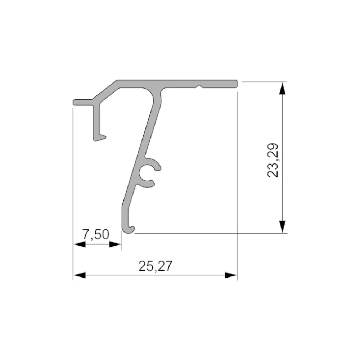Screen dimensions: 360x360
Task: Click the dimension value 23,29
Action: pos(273,160)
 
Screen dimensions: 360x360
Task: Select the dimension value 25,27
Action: pos(156,266)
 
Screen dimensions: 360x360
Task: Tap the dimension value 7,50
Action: pos(96,235)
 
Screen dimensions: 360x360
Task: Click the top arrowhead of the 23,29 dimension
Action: pos(282,88)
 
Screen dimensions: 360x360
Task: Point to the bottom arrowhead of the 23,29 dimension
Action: pos(282,227)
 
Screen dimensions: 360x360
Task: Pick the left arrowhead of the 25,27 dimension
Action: pos(79,275)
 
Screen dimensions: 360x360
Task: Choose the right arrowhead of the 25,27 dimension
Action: pos(231,275)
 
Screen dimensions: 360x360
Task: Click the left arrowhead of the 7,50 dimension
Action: pos(79,244)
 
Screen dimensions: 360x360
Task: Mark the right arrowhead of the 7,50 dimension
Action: pos(115,244)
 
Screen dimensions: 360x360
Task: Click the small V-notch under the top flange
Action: pos(199,86)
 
